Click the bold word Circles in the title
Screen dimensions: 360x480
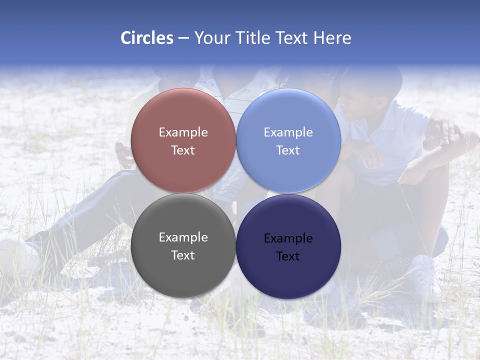click(146, 38)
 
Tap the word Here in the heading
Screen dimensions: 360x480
click(332, 38)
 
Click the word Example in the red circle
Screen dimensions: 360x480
click(183, 132)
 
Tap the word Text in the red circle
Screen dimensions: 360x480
click(183, 150)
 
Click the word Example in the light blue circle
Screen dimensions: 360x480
click(288, 132)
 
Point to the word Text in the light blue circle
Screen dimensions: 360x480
click(288, 150)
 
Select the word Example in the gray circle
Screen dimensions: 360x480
click(183, 237)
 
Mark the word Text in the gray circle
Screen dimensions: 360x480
click(183, 255)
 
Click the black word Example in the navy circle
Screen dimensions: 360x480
click(288, 238)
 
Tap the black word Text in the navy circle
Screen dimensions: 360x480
click(288, 256)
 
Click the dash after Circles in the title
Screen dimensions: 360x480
click(183, 38)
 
